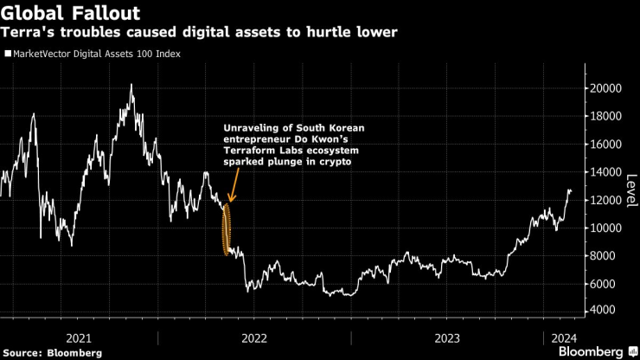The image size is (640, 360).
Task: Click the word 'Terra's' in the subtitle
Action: pyautogui.click(x=27, y=33)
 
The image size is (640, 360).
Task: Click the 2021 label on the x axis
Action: pyautogui.click(x=79, y=337)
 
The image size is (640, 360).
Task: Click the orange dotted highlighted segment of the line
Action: pyautogui.click(x=227, y=229)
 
